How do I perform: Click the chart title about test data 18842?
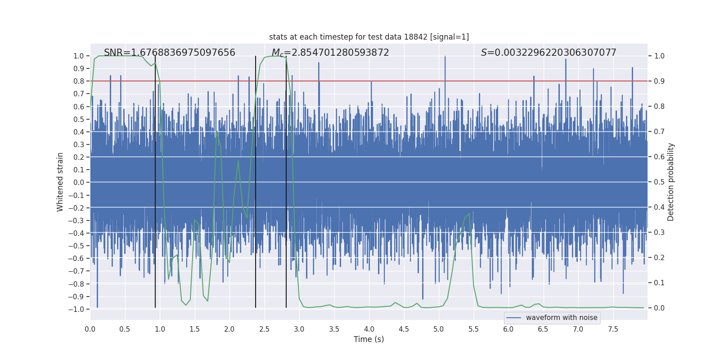pyautogui.click(x=369, y=37)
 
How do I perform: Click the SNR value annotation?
pyautogui.click(x=169, y=53)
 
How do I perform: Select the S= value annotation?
pyautogui.click(x=548, y=53)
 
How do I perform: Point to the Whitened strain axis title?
pyautogui.click(x=60, y=182)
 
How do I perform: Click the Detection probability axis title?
pyautogui.click(x=670, y=182)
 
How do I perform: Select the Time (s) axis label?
pyautogui.click(x=369, y=339)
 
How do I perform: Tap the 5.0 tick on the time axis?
pyautogui.click(x=439, y=329)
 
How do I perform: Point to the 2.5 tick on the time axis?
pyautogui.click(x=264, y=329)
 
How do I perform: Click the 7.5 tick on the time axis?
pyautogui.click(x=613, y=329)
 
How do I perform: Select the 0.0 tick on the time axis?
pyautogui.click(x=90, y=329)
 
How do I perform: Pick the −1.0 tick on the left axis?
pyautogui.click(x=76, y=309)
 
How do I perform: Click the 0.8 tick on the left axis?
pyautogui.click(x=79, y=81)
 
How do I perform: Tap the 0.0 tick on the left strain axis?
pyautogui.click(x=79, y=182)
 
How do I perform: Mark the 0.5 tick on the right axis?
pyautogui.click(x=659, y=182)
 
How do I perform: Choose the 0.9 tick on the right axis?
pyautogui.click(x=659, y=81)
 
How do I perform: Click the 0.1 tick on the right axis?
pyautogui.click(x=659, y=283)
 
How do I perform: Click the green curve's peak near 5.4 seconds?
pyautogui.click(x=469, y=214)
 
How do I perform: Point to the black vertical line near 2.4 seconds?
pyautogui.click(x=256, y=180)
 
